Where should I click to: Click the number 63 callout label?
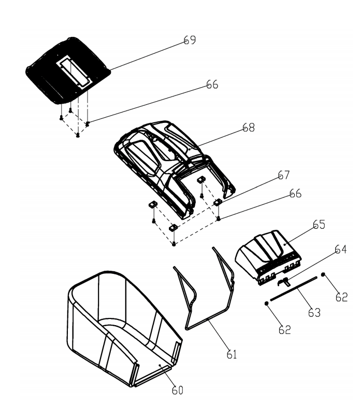click(x=314, y=313)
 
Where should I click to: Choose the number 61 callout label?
click(x=232, y=355)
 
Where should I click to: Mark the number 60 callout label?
click(x=177, y=390)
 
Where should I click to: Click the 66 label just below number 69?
click(x=212, y=85)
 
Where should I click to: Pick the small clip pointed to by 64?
click(x=283, y=281)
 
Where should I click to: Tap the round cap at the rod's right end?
click(x=323, y=274)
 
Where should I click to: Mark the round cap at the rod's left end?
click(x=266, y=303)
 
